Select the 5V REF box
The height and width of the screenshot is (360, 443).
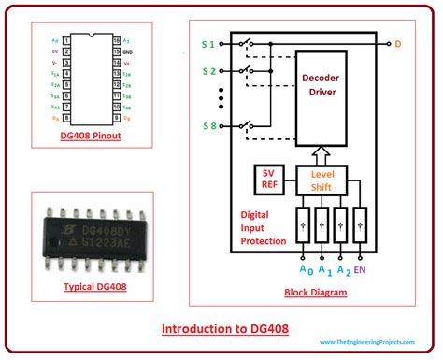pos(267,180)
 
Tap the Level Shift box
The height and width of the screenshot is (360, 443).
pos(322,179)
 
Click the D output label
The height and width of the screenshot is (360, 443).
pos(398,43)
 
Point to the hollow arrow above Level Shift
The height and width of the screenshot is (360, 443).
pos(322,153)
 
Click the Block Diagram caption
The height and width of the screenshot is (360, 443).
pos(315,293)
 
